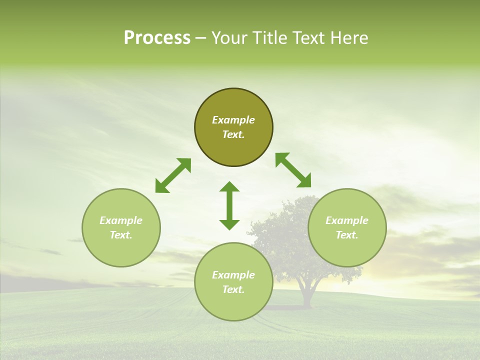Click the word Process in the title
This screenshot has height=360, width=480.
(x=157, y=38)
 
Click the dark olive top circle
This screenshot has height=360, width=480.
(x=233, y=105)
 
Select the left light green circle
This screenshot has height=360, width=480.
(x=121, y=245)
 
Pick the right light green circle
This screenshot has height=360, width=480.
(x=347, y=245)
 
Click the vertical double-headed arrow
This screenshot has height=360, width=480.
(x=229, y=205)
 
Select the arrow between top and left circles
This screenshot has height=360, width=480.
(x=173, y=175)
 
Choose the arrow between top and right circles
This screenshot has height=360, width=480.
(x=293, y=170)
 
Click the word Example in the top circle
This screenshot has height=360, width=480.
(x=233, y=120)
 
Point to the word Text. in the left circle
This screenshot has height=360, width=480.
(x=121, y=235)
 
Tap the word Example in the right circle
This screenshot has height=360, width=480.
(x=347, y=220)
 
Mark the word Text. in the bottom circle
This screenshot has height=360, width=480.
(x=233, y=289)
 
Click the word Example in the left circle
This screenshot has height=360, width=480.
(x=121, y=220)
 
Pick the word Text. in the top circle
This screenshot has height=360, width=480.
(x=233, y=134)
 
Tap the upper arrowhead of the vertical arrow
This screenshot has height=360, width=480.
(x=229, y=187)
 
